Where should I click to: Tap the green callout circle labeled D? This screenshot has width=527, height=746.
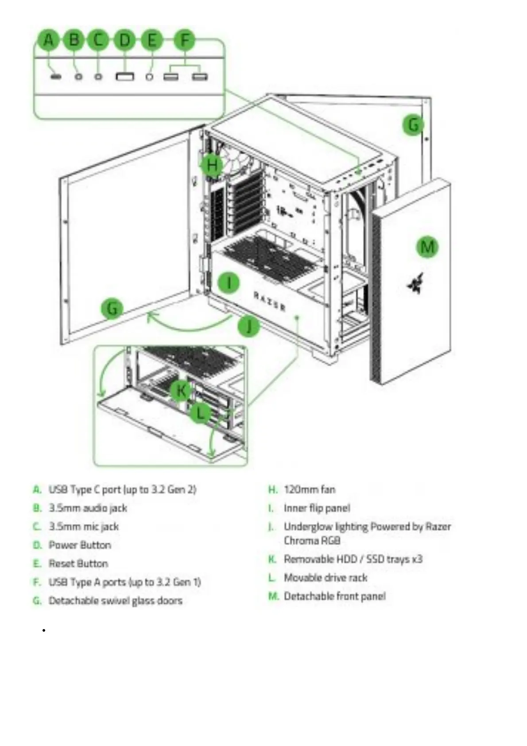point(125,40)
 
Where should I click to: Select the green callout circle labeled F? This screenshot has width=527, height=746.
point(185,40)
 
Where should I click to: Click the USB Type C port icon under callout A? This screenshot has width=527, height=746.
point(55,76)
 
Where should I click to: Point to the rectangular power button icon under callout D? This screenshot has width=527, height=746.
point(124,77)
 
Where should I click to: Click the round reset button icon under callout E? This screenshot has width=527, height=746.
point(150,76)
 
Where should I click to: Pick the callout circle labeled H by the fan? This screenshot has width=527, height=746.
point(212,165)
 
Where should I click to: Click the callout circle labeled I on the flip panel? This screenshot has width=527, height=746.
point(229,282)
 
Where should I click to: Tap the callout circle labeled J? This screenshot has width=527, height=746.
point(248,326)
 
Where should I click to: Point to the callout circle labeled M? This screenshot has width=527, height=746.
point(427,246)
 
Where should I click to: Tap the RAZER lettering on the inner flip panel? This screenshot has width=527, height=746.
point(269,301)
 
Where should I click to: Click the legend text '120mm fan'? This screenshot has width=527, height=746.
point(310,490)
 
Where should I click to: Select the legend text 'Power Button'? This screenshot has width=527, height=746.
point(80,545)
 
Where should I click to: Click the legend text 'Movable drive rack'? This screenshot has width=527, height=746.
point(325,578)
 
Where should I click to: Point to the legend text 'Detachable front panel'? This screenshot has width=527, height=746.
point(334,596)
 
